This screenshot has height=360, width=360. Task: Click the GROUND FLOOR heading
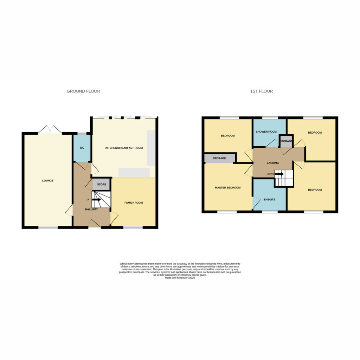83,91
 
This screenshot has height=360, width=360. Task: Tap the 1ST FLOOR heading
262,91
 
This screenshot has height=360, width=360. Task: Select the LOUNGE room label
48,181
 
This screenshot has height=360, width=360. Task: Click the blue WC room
82,148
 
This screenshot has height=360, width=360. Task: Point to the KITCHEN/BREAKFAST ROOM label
124,148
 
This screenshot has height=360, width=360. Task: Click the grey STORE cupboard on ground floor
102,184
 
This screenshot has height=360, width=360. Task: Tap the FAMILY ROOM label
134,203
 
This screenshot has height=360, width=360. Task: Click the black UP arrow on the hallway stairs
96,200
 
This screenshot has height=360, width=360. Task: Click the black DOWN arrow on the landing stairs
279,174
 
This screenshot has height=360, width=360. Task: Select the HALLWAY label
91,210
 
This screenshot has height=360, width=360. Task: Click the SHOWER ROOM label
266,132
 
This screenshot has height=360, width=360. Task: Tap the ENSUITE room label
270,200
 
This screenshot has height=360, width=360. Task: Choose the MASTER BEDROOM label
228,188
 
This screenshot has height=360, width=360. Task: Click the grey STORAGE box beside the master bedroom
219,158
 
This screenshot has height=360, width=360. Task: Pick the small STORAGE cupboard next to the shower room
286,141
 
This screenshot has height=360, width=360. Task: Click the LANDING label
273,163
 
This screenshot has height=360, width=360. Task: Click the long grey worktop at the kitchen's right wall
151,148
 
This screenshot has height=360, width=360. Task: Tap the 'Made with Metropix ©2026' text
180,278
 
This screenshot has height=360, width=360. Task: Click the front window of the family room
133,227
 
